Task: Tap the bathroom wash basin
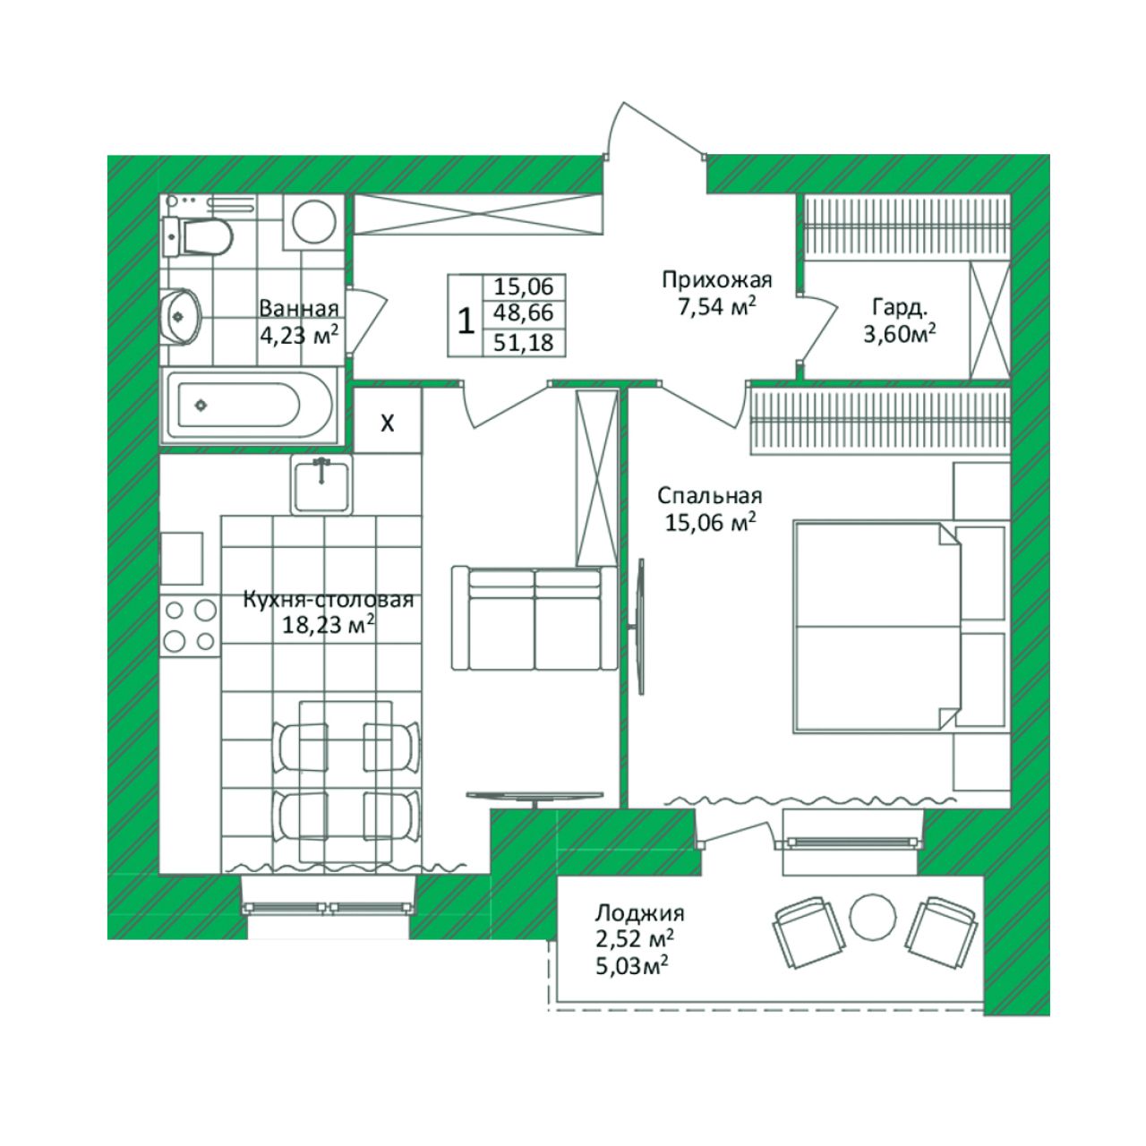(x=181, y=316)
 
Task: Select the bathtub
(x=249, y=406)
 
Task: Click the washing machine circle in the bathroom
(x=313, y=221)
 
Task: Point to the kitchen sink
(x=321, y=484)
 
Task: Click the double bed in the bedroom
(x=877, y=627)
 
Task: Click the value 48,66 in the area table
(x=524, y=312)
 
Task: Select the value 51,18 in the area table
(x=524, y=343)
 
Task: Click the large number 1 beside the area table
(x=466, y=321)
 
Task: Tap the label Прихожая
(x=716, y=279)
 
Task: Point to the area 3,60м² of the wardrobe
(x=899, y=334)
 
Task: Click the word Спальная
(x=709, y=495)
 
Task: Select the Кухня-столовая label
(x=329, y=600)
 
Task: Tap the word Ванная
(x=298, y=309)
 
